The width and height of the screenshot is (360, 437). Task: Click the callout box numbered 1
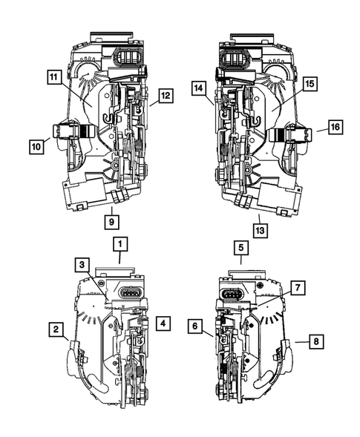click(x=120, y=243)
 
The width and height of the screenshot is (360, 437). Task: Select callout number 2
click(x=55, y=327)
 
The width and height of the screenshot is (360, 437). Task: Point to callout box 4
click(x=163, y=323)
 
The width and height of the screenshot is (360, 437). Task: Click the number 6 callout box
click(x=195, y=325)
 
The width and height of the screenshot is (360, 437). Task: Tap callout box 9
click(x=110, y=220)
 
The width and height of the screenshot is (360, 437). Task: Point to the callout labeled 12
click(x=164, y=94)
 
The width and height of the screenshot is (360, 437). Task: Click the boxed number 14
click(x=198, y=88)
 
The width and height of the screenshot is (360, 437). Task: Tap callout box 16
click(x=335, y=127)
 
